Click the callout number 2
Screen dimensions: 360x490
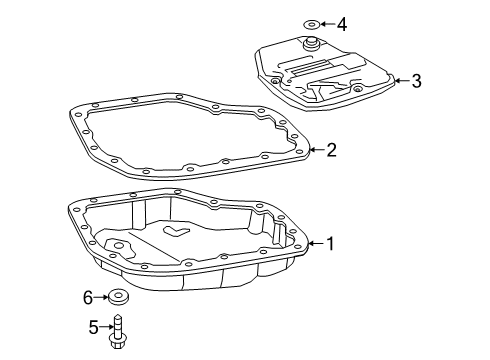coord(331,151)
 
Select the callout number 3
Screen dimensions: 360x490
coord(417,81)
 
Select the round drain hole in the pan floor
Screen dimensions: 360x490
coord(119,245)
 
